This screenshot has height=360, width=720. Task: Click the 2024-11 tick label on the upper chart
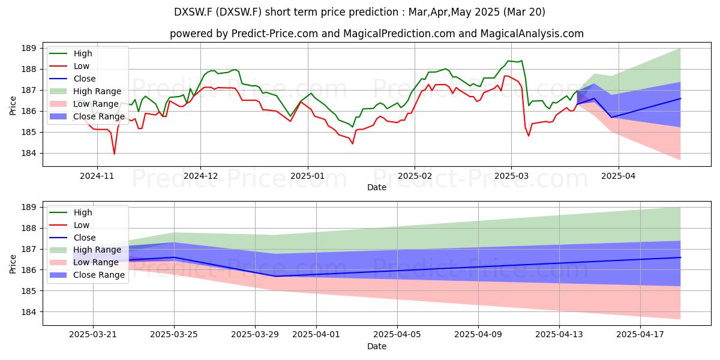[97, 176]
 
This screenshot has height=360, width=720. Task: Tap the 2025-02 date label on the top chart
[415, 176]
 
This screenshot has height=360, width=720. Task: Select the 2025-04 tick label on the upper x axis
[619, 176]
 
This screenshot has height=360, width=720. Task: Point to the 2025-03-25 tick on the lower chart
[174, 335]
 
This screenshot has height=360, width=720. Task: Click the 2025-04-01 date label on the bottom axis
[316, 335]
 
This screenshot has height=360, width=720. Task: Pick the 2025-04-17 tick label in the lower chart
[640, 335]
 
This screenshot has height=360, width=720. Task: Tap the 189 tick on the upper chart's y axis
[28, 49]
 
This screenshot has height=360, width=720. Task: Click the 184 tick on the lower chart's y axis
[28, 312]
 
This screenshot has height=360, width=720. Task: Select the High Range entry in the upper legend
[85, 91]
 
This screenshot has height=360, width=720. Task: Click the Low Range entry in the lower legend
[84, 262]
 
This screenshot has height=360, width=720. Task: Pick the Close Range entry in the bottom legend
[87, 275]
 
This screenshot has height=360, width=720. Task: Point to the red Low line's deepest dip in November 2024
[114, 154]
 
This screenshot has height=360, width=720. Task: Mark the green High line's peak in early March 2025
[521, 61]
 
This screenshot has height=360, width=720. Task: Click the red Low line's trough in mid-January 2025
[353, 143]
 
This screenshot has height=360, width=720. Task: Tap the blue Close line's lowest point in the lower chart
[276, 276]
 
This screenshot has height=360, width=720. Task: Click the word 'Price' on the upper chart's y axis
[13, 106]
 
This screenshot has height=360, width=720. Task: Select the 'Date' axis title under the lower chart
[377, 346]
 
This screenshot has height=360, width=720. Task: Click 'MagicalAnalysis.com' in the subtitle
[532, 34]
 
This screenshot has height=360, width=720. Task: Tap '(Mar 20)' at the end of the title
[524, 12]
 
